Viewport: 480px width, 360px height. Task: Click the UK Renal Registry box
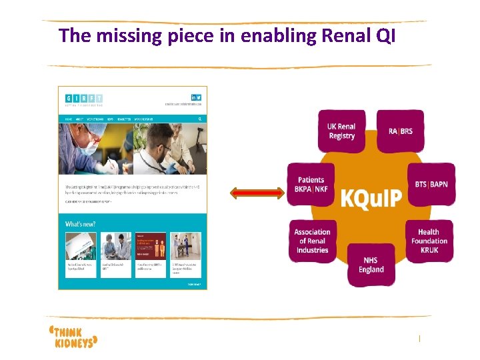(341, 131)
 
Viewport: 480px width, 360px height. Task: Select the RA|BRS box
(400, 131)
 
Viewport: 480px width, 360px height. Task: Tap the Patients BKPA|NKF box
(311, 185)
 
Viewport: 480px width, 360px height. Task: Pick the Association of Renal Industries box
(312, 241)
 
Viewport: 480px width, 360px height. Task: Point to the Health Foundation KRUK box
(429, 241)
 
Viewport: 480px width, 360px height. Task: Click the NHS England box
(371, 265)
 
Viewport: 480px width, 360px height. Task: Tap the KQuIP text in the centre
(371, 198)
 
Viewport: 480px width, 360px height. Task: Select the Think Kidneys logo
(74, 336)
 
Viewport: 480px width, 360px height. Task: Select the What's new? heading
(79, 225)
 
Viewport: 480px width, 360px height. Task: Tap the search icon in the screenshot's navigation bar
(199, 119)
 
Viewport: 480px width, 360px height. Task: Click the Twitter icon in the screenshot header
(199, 97)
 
